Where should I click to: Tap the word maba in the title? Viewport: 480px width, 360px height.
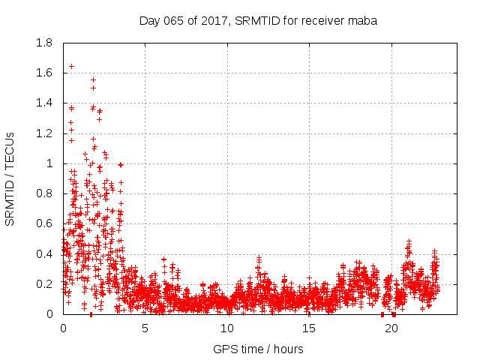(x=363, y=21)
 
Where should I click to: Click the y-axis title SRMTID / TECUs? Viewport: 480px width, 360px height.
(x=10, y=179)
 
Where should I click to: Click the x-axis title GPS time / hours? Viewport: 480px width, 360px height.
(x=258, y=349)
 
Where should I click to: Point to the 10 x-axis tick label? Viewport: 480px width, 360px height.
(x=226, y=328)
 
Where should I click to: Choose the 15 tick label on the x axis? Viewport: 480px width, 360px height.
(x=308, y=328)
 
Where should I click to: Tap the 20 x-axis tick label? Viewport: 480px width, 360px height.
(x=390, y=328)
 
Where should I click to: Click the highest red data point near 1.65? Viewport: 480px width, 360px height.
(x=71, y=66)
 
